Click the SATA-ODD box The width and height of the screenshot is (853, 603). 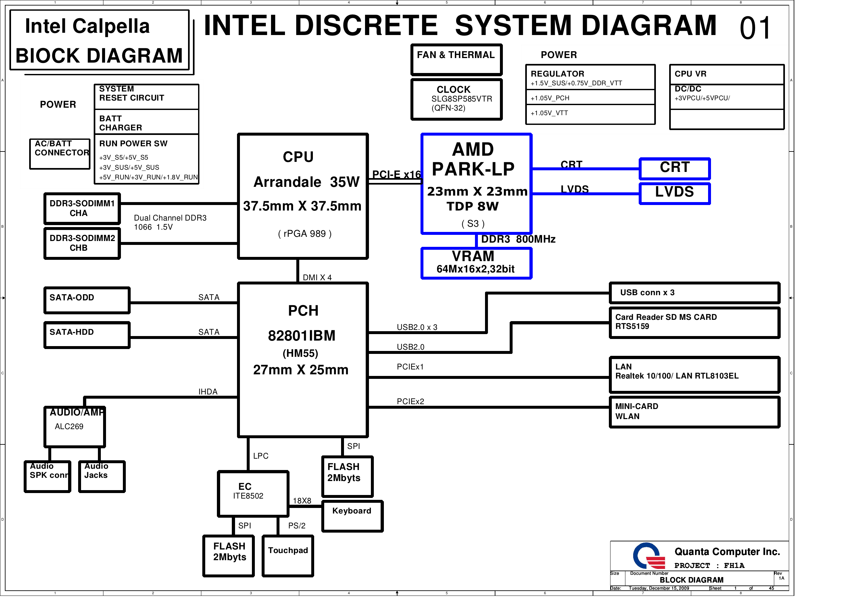87,300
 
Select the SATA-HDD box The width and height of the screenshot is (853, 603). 87,335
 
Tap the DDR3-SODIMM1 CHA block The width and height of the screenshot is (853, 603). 82,209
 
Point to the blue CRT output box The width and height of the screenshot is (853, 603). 675,168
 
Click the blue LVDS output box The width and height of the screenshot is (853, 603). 675,193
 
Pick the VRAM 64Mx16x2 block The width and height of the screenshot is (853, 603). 476,263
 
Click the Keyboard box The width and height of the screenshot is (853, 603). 352,516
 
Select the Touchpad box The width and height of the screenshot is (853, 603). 288,556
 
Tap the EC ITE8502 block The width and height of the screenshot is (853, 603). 253,494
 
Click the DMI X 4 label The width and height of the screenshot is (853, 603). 317,278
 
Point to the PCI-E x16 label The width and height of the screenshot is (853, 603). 396,175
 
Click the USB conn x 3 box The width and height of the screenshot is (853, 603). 694,293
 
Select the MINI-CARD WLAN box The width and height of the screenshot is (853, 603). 694,412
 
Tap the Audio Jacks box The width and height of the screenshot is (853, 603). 102,476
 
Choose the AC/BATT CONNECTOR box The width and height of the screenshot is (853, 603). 60,154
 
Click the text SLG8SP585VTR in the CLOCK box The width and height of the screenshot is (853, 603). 461,99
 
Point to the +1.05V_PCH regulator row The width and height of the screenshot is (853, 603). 590,98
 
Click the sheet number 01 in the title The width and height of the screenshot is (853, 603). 755,28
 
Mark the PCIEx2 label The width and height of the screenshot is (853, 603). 410,402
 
